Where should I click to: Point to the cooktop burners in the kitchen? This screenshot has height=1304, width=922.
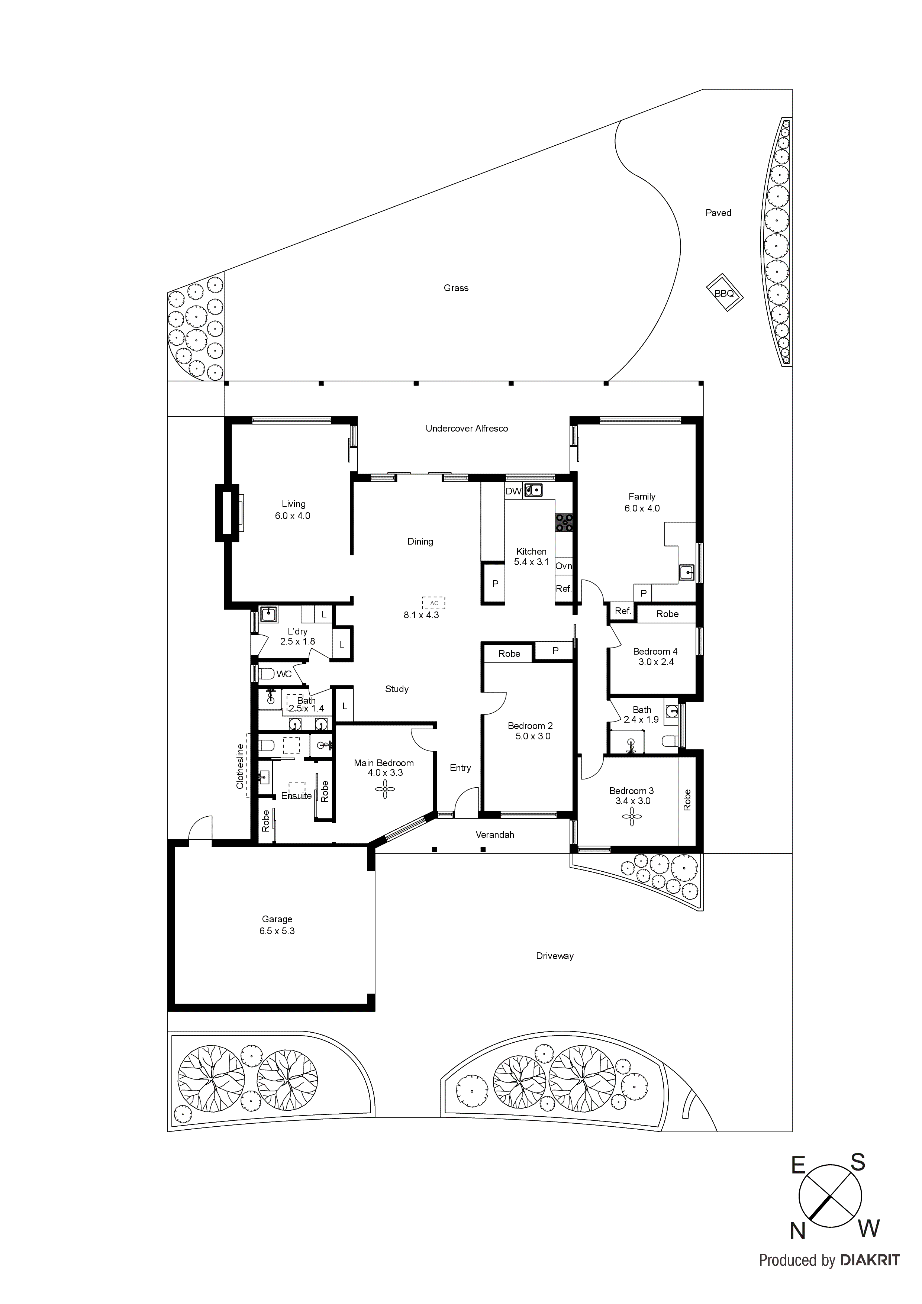click(564, 523)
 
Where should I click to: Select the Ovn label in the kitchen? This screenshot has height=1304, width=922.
click(564, 566)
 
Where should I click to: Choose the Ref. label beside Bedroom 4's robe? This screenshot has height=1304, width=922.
click(623, 611)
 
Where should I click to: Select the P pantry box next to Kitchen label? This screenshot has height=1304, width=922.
click(495, 583)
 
